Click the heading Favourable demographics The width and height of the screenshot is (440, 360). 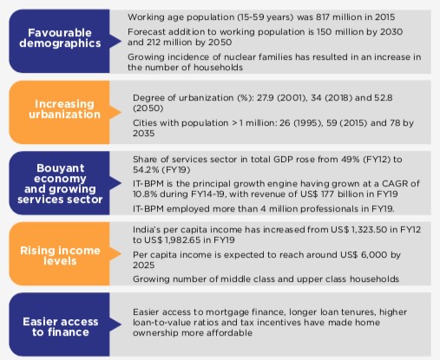[60, 38]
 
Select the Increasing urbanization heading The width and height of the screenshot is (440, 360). [64, 109]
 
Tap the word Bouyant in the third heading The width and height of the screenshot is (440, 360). [61, 168]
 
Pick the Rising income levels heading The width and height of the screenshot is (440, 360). [60, 256]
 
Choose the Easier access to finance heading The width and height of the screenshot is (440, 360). [61, 327]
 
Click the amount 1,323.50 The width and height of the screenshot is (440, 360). [369, 230]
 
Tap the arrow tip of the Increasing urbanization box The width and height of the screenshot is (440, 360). [121, 113]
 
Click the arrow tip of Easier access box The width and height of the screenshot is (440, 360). [121, 324]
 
